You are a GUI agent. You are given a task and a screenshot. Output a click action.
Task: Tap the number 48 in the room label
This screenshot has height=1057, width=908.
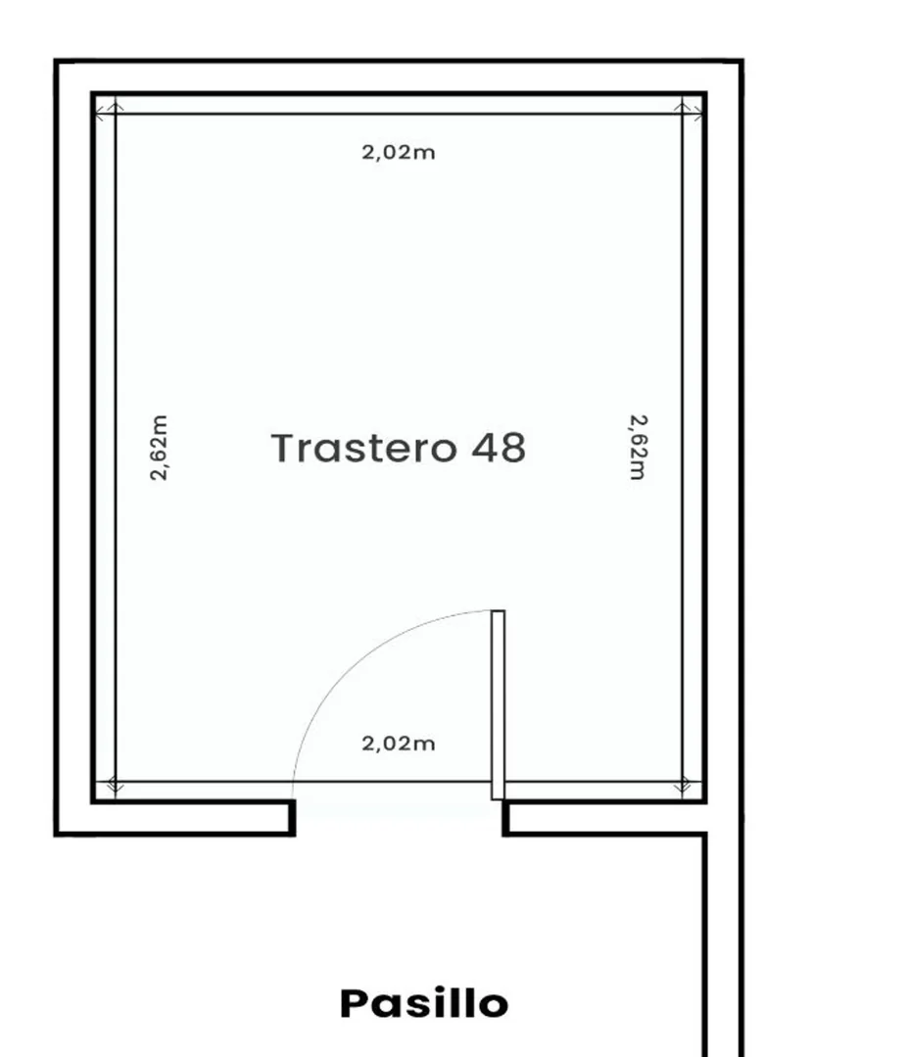(x=499, y=449)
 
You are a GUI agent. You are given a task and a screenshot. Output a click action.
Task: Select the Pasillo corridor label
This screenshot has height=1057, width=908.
(x=424, y=1003)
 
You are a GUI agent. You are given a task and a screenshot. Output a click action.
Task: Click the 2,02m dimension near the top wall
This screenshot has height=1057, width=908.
(x=399, y=153)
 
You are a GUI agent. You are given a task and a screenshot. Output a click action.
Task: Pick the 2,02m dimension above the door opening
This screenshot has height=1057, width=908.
(x=399, y=744)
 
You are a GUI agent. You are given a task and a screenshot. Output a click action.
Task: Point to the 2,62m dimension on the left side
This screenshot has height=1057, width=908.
(x=159, y=448)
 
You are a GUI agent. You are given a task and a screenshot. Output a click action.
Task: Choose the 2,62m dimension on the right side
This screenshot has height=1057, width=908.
(x=638, y=448)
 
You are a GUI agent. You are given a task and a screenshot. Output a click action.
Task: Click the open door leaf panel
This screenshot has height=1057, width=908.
(x=498, y=705)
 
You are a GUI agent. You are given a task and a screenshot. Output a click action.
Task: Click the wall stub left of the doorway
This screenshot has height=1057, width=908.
(x=292, y=818)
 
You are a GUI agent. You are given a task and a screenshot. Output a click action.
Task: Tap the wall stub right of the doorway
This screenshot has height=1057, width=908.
(x=505, y=818)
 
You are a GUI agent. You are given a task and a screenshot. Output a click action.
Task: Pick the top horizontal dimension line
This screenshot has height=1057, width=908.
(x=399, y=114)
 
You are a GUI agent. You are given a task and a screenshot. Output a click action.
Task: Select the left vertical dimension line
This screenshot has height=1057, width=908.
(x=116, y=448)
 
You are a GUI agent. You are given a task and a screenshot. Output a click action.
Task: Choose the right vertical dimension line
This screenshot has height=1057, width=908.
(x=682, y=448)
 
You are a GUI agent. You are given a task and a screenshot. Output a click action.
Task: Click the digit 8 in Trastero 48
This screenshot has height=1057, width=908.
(x=513, y=449)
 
